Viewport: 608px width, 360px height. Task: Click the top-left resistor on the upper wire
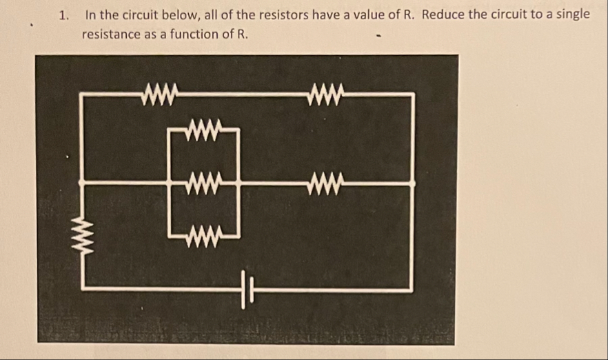159,92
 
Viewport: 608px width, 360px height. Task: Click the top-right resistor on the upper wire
325,92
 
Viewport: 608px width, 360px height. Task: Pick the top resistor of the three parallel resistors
204,128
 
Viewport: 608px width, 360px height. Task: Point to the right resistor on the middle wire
325,183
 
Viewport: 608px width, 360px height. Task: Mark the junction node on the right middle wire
412,183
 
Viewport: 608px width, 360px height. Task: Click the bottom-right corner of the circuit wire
412,290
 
